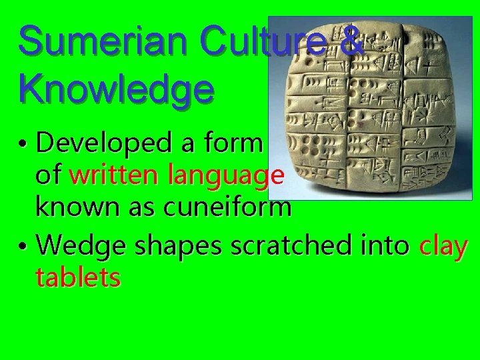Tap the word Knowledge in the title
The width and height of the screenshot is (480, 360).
point(117,88)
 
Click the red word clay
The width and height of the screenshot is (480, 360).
point(443,246)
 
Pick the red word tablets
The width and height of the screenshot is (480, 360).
point(78,277)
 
